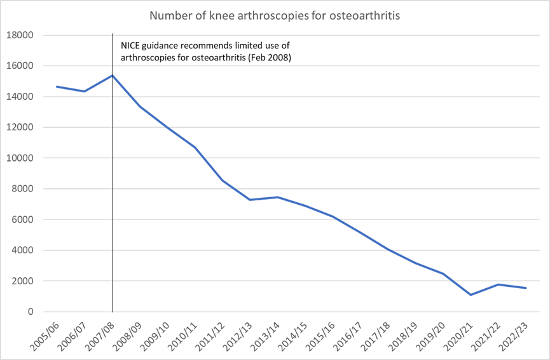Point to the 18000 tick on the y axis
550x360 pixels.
click(20, 35)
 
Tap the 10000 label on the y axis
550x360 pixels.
click(20, 158)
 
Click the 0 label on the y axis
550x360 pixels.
click(29, 312)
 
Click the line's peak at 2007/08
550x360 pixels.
click(112, 76)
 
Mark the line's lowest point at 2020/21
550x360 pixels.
click(471, 294)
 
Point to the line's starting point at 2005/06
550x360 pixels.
click(57, 87)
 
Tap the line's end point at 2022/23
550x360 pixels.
click(526, 288)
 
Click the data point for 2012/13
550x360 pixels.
click(249, 200)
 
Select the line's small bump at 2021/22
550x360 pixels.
click(498, 284)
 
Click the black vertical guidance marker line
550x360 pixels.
click(112, 191)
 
